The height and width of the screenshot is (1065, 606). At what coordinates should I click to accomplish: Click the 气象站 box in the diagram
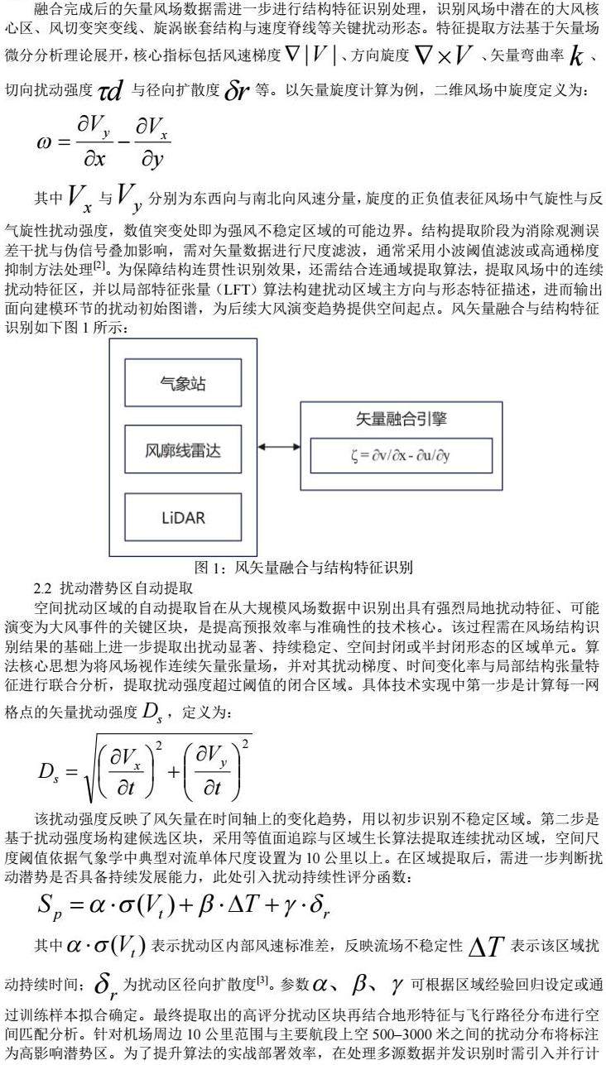(x=183, y=384)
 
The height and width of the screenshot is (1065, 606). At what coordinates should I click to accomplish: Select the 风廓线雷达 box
(x=183, y=452)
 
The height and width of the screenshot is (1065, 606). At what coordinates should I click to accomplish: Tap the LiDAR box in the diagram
(x=183, y=518)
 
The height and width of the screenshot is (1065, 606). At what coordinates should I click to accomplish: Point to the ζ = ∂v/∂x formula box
(x=401, y=456)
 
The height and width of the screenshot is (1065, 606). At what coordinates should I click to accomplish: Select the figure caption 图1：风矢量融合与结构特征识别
(x=303, y=568)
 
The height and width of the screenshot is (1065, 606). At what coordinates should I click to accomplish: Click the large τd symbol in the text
(x=111, y=90)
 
